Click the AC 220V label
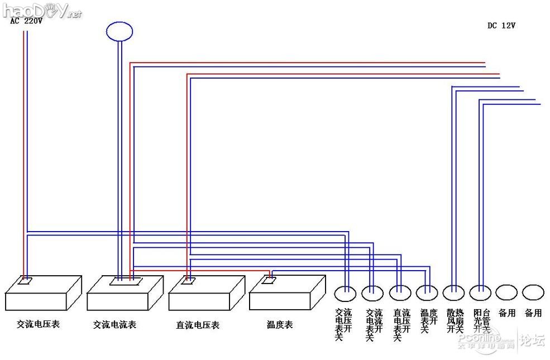point(26,21)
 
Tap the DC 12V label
point(501,25)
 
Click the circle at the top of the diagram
point(119,31)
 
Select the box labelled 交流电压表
point(44,293)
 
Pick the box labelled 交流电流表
point(125,294)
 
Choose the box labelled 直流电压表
point(207,294)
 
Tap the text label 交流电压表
point(38,324)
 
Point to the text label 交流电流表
point(114,324)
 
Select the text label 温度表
point(280,324)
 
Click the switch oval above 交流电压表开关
point(345,292)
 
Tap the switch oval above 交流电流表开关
point(372,292)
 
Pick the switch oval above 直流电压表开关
point(400,292)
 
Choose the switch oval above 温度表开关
point(427,292)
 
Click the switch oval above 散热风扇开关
point(453,292)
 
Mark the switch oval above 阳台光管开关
point(480,292)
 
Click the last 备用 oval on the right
point(533,292)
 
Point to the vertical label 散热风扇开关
point(455,321)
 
